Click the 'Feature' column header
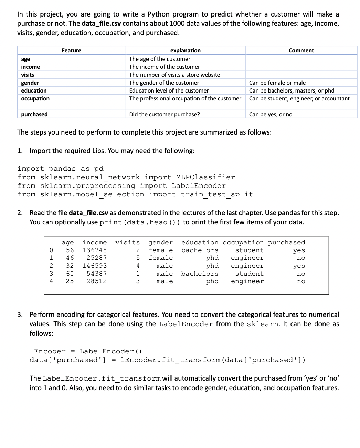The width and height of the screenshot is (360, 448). [71, 50]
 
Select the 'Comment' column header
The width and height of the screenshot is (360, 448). [301, 50]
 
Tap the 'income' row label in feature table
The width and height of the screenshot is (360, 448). [30, 67]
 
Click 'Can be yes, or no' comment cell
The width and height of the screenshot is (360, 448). [271, 114]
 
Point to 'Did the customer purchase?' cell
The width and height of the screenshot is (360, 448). [164, 114]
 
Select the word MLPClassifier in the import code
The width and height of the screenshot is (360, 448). [205, 177]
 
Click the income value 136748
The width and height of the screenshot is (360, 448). [95, 250]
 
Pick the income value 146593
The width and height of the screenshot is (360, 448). [95, 266]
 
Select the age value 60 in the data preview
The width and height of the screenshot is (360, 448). [70, 274]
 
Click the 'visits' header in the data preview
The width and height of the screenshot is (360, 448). [127, 242]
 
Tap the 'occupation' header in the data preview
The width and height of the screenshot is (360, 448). [243, 242]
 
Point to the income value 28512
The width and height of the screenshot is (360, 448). [96, 281]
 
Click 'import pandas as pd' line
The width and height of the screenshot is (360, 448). [60, 169]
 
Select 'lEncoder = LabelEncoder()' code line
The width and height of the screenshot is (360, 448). [86, 351]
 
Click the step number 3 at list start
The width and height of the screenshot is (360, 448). [20, 314]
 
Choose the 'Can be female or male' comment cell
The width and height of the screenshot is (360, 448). [277, 83]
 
